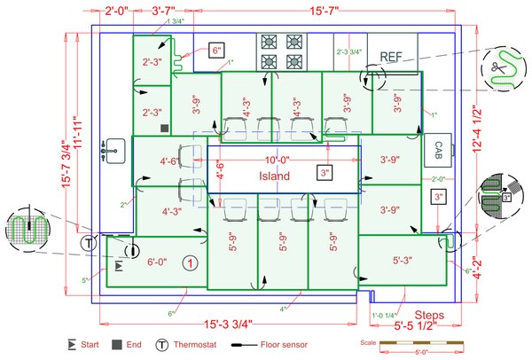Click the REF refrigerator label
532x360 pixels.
click(x=392, y=57)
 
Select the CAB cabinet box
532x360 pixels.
click(x=438, y=150)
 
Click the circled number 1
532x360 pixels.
click(x=190, y=262)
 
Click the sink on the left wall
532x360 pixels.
click(x=112, y=150)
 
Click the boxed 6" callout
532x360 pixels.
click(x=216, y=51)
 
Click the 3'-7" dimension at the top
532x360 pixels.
click(x=161, y=12)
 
